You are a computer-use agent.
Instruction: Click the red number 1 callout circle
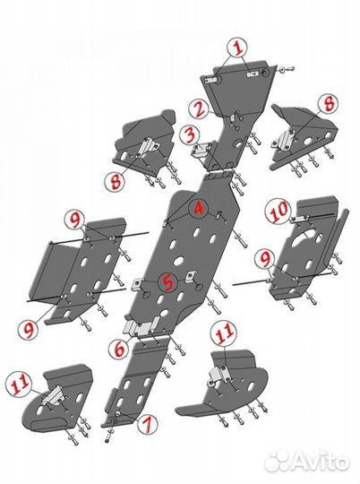point(237,48)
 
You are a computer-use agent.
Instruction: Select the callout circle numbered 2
point(199,109)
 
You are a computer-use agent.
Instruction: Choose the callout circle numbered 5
point(167,282)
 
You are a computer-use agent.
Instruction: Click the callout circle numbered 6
point(119,349)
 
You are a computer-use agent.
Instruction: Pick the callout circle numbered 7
point(148,424)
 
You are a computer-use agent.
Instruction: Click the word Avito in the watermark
point(320,462)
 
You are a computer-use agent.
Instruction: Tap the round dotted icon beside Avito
point(277,462)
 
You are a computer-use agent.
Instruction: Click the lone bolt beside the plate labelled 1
point(287,69)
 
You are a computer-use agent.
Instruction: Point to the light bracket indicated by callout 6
point(141,327)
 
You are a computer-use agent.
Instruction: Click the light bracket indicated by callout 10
point(301,219)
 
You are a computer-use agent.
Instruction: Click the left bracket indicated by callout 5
point(137,285)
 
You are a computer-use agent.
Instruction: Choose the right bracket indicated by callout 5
point(191,276)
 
